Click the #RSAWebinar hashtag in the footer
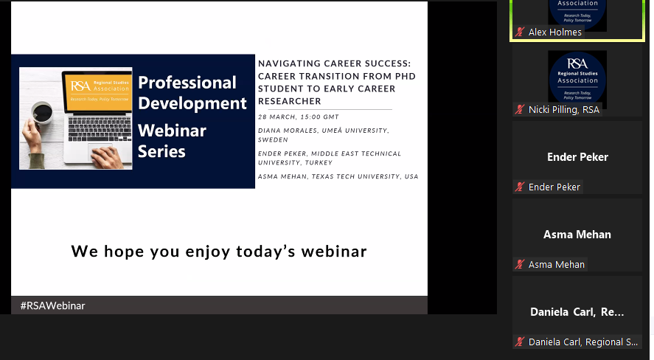coord(53,305)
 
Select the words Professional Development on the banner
coord(192,92)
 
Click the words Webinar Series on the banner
coord(172,141)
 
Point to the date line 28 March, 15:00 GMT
coord(299,117)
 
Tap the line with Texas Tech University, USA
coord(338,176)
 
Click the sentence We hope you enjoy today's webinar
coord(219,251)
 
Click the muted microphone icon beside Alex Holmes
coord(520,32)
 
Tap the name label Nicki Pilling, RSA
coord(564,109)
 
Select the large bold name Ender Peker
coord(577,157)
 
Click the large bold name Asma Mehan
coord(577,235)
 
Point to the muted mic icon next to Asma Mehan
coord(520,264)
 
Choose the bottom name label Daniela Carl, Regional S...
coord(582,342)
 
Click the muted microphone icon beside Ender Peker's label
coord(520,187)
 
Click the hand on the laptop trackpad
coord(102,156)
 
